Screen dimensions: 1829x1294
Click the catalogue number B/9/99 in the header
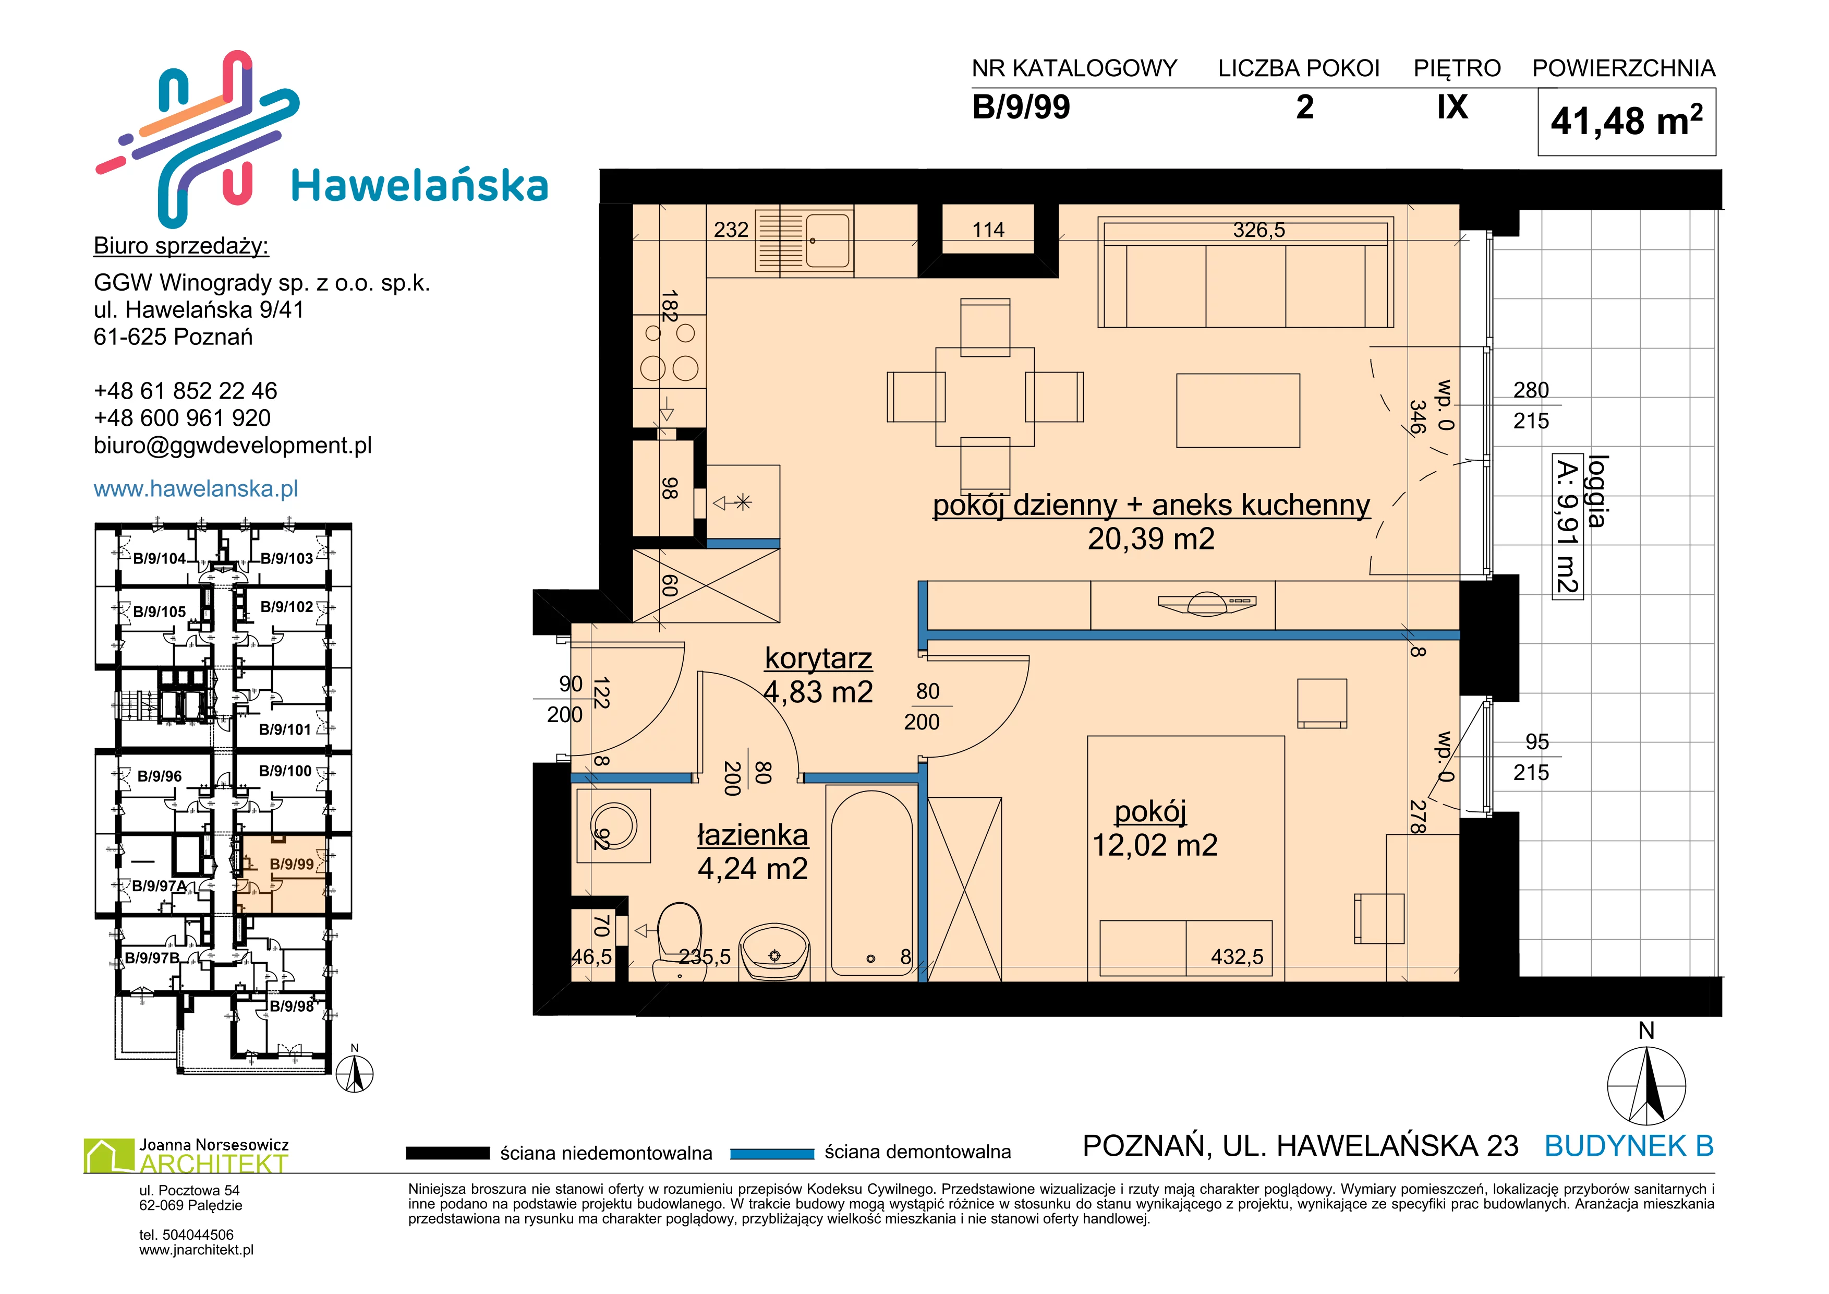[1021, 107]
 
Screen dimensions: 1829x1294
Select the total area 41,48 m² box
[1626, 122]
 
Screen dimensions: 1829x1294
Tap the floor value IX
[1452, 107]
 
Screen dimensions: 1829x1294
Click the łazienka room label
[753, 834]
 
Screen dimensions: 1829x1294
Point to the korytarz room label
[818, 658]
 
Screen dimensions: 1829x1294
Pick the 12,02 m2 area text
[1154, 845]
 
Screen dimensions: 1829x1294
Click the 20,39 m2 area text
[1151, 540]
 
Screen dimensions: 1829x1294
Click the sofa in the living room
[1245, 272]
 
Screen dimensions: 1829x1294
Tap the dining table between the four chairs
[985, 396]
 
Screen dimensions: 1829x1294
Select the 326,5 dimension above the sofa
[1258, 230]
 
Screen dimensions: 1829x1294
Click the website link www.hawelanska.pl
[196, 488]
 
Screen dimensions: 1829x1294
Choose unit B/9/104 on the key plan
[159, 558]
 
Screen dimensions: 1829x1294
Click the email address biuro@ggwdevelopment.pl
[233, 446]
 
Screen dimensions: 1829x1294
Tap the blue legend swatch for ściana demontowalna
[771, 1153]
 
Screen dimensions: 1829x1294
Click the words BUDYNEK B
[1629, 1146]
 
